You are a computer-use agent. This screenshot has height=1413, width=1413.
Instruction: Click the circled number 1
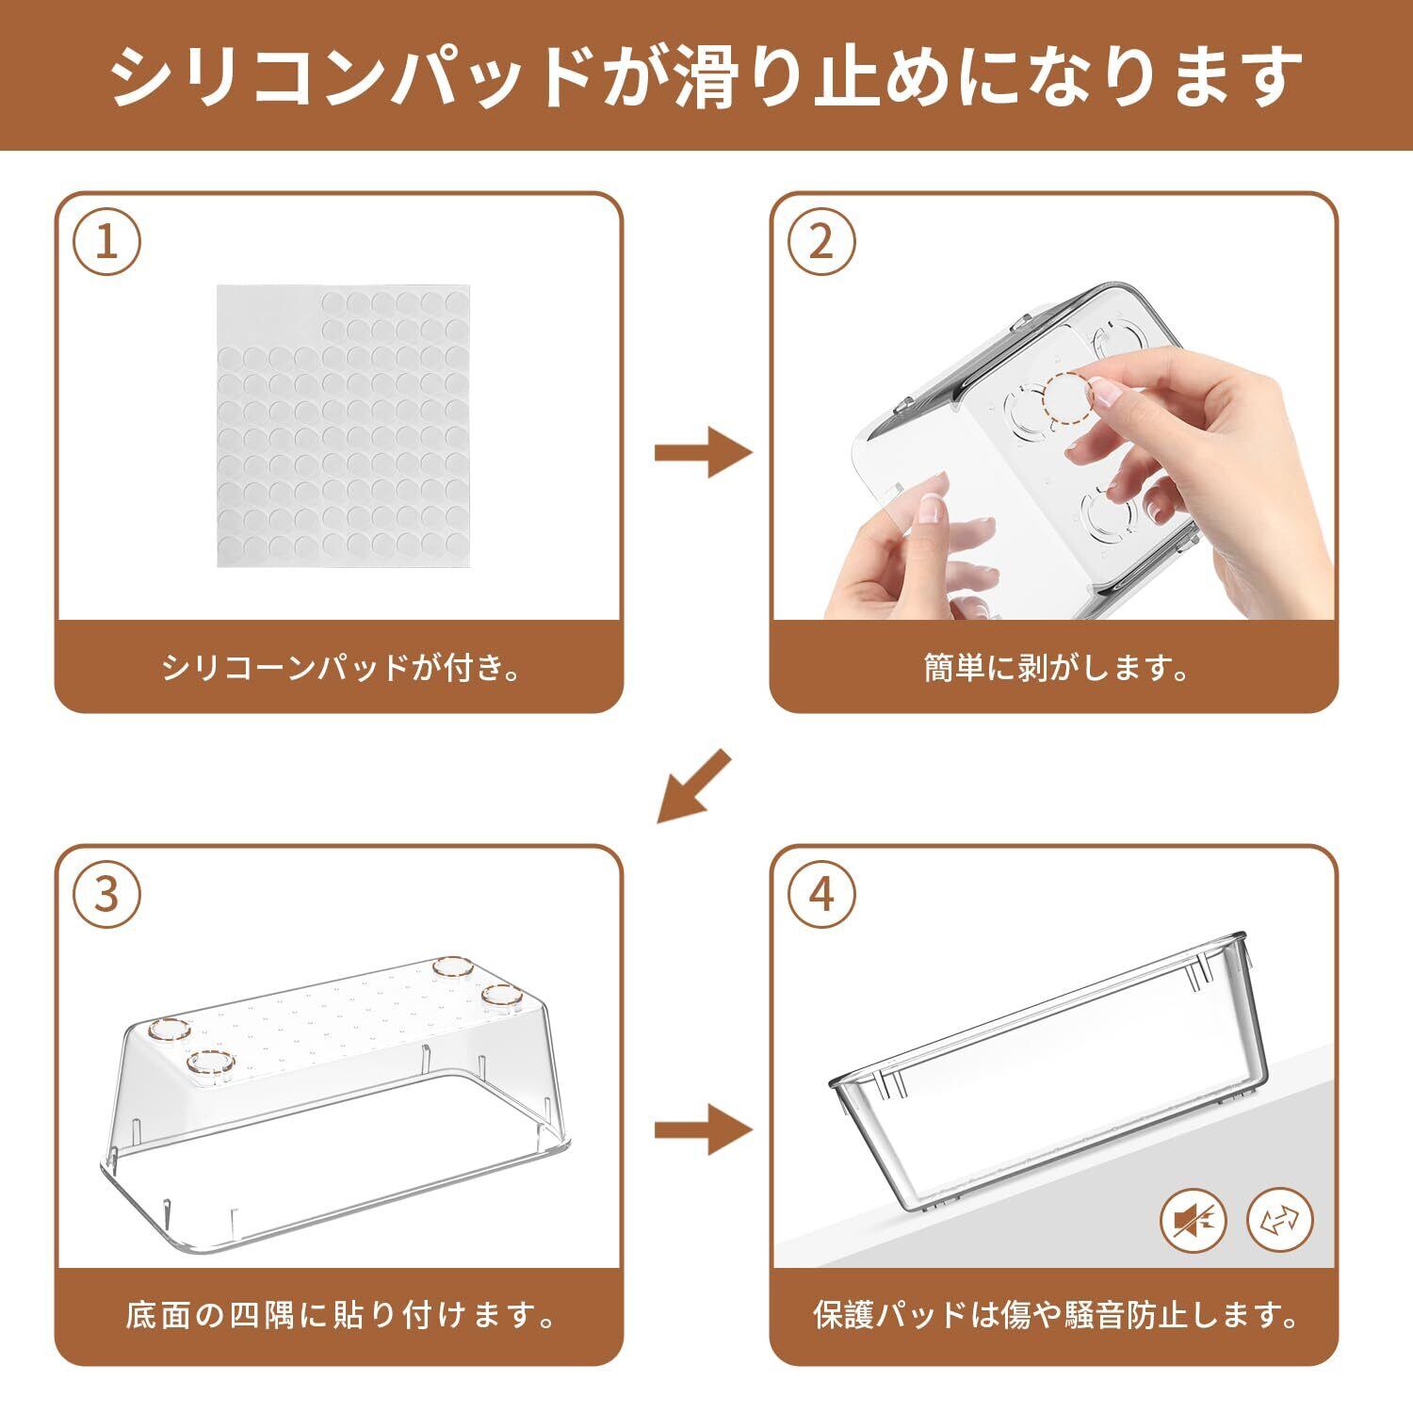tap(107, 243)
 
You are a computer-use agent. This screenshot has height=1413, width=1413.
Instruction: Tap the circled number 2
tap(822, 243)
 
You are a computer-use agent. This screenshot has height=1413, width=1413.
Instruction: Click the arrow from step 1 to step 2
tap(704, 453)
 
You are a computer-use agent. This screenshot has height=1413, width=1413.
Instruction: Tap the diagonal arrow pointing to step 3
tap(694, 787)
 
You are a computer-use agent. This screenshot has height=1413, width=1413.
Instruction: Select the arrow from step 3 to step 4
tap(704, 1129)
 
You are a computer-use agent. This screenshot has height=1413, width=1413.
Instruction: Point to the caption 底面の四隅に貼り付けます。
tap(341, 1314)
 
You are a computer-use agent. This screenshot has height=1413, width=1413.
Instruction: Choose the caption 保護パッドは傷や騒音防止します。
tap(1055, 1314)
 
